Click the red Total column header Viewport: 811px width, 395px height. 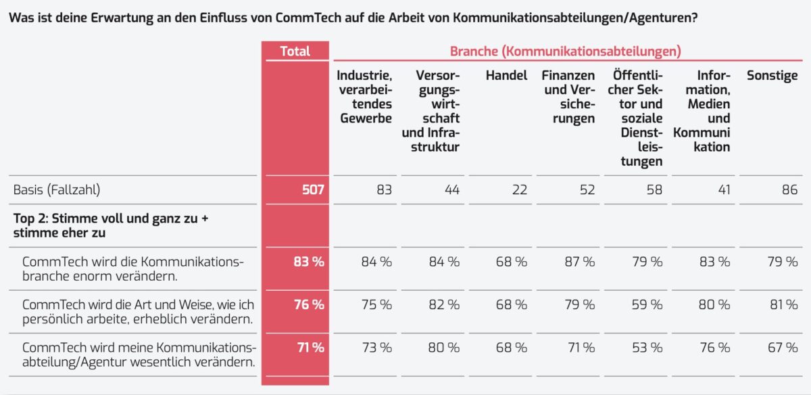click(x=295, y=51)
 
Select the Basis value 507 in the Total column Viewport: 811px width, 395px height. click(x=313, y=190)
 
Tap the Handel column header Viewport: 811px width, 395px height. click(x=506, y=76)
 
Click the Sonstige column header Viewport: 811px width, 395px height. click(x=772, y=76)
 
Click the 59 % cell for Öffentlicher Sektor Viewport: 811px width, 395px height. click(x=646, y=305)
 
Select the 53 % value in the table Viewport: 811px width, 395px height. click(x=646, y=348)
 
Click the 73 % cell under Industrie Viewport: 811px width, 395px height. click(x=376, y=348)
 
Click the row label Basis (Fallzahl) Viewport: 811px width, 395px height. click(x=57, y=190)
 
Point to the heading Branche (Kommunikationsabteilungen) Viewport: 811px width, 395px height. click(x=565, y=51)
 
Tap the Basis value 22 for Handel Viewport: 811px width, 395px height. click(x=518, y=190)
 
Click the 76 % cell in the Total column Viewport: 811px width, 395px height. click(x=308, y=305)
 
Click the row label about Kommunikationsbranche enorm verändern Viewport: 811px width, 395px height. click(x=132, y=269)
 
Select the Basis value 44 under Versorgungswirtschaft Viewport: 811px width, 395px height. click(x=451, y=190)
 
